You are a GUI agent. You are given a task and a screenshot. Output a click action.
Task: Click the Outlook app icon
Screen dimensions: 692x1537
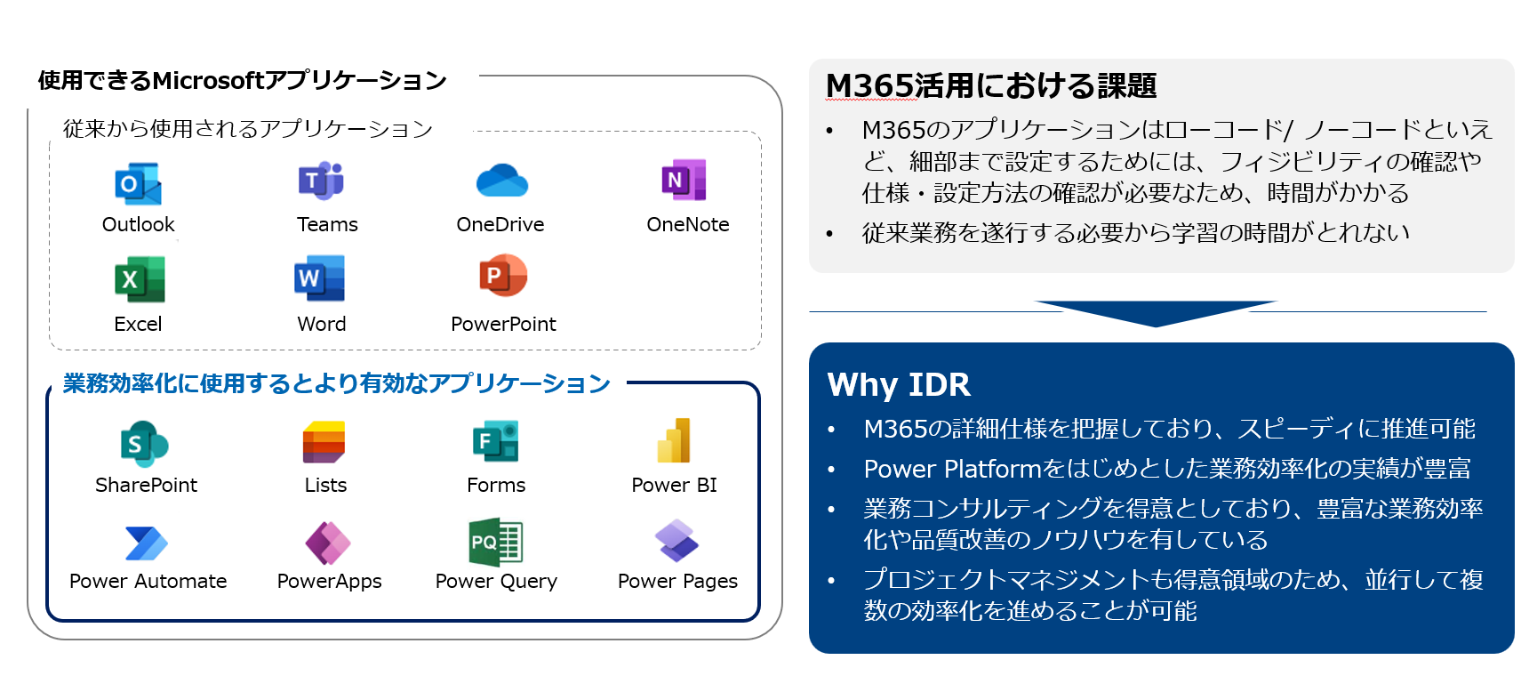pyautogui.click(x=138, y=184)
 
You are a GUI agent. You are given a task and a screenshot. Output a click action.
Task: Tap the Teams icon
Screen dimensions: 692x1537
pyautogui.click(x=322, y=181)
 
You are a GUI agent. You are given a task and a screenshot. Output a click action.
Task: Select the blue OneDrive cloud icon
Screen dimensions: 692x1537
pyautogui.click(x=502, y=181)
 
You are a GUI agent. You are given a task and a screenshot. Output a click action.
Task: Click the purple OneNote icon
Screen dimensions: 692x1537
pyautogui.click(x=684, y=180)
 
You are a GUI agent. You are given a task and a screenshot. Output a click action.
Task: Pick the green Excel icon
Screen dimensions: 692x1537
pyautogui.click(x=140, y=280)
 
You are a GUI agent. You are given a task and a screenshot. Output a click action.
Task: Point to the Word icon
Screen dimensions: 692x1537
pyautogui.click(x=320, y=278)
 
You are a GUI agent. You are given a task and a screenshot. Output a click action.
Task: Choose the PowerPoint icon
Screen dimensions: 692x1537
pyautogui.click(x=503, y=277)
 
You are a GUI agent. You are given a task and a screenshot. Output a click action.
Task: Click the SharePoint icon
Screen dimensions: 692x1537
pyautogui.click(x=144, y=444)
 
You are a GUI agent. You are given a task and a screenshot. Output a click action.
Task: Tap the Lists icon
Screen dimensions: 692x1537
pyautogui.click(x=324, y=442)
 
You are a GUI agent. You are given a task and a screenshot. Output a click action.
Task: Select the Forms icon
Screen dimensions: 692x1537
pyautogui.click(x=496, y=442)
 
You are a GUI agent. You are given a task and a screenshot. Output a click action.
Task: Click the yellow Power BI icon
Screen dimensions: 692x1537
pyautogui.click(x=675, y=441)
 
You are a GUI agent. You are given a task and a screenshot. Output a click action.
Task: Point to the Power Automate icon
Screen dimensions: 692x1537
pyautogui.click(x=147, y=543)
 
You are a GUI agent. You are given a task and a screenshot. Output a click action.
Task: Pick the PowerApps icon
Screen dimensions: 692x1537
pyautogui.click(x=328, y=543)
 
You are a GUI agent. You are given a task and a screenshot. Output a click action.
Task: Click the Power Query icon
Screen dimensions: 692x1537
pyautogui.click(x=496, y=542)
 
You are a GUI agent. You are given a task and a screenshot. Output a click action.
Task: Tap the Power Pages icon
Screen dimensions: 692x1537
pyautogui.click(x=676, y=541)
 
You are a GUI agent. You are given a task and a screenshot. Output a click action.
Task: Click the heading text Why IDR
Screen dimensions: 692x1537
pyautogui.click(x=899, y=385)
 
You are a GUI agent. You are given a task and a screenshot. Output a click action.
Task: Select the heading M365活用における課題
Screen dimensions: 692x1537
pyautogui.click(x=991, y=86)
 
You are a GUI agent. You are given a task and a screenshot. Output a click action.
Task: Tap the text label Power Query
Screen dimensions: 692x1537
pyautogui.click(x=496, y=582)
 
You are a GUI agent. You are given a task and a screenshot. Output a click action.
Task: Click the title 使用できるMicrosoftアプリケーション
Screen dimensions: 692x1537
pyautogui.click(x=242, y=81)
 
